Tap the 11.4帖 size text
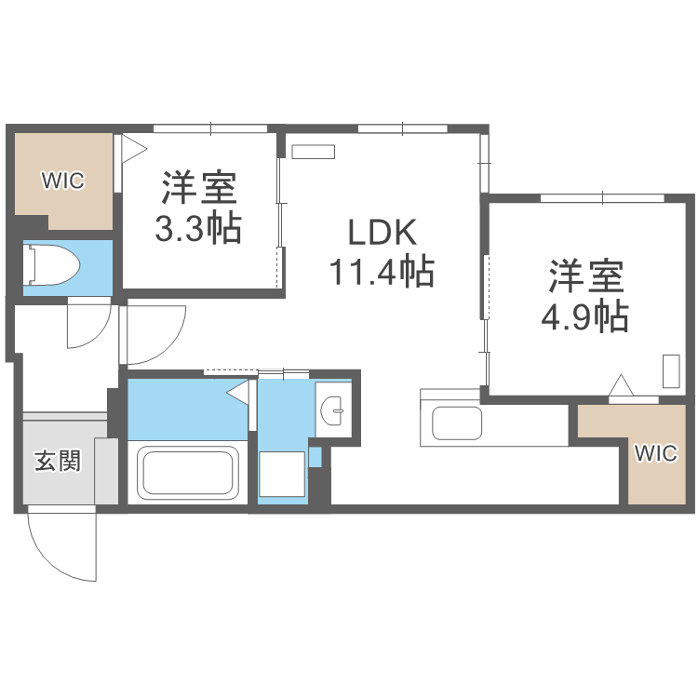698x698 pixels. [381, 272]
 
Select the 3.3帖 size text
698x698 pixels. [198, 227]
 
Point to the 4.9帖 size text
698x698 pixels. [584, 316]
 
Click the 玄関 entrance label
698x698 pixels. [57, 461]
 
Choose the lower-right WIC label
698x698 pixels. [656, 453]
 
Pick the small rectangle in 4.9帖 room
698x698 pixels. [671, 370]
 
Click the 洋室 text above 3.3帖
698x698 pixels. [198, 188]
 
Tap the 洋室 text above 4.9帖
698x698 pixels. [584, 277]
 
